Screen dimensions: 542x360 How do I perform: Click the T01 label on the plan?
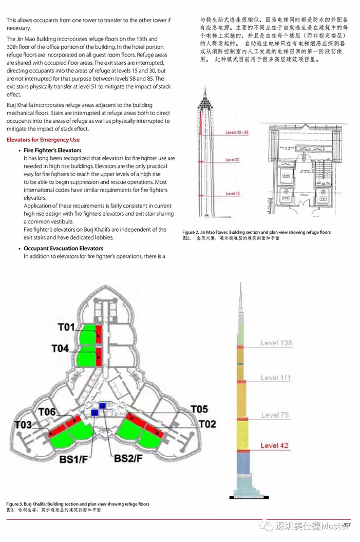click(x=66, y=327)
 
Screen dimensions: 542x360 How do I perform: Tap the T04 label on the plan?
click(x=60, y=348)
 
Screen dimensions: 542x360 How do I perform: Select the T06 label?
click(x=47, y=412)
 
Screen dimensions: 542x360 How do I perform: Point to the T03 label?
click(x=23, y=425)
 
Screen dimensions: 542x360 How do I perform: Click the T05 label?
click(x=199, y=409)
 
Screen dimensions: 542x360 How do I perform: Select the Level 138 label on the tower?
click(x=276, y=343)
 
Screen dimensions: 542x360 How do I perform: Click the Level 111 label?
click(x=276, y=378)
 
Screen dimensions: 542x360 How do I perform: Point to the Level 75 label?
click(x=274, y=415)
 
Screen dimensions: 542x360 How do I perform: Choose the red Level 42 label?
click(x=274, y=445)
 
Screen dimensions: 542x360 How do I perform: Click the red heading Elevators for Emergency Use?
click(x=43, y=140)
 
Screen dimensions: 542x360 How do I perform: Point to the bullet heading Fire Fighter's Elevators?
click(x=52, y=150)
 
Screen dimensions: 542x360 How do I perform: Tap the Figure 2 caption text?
click(x=256, y=232)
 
